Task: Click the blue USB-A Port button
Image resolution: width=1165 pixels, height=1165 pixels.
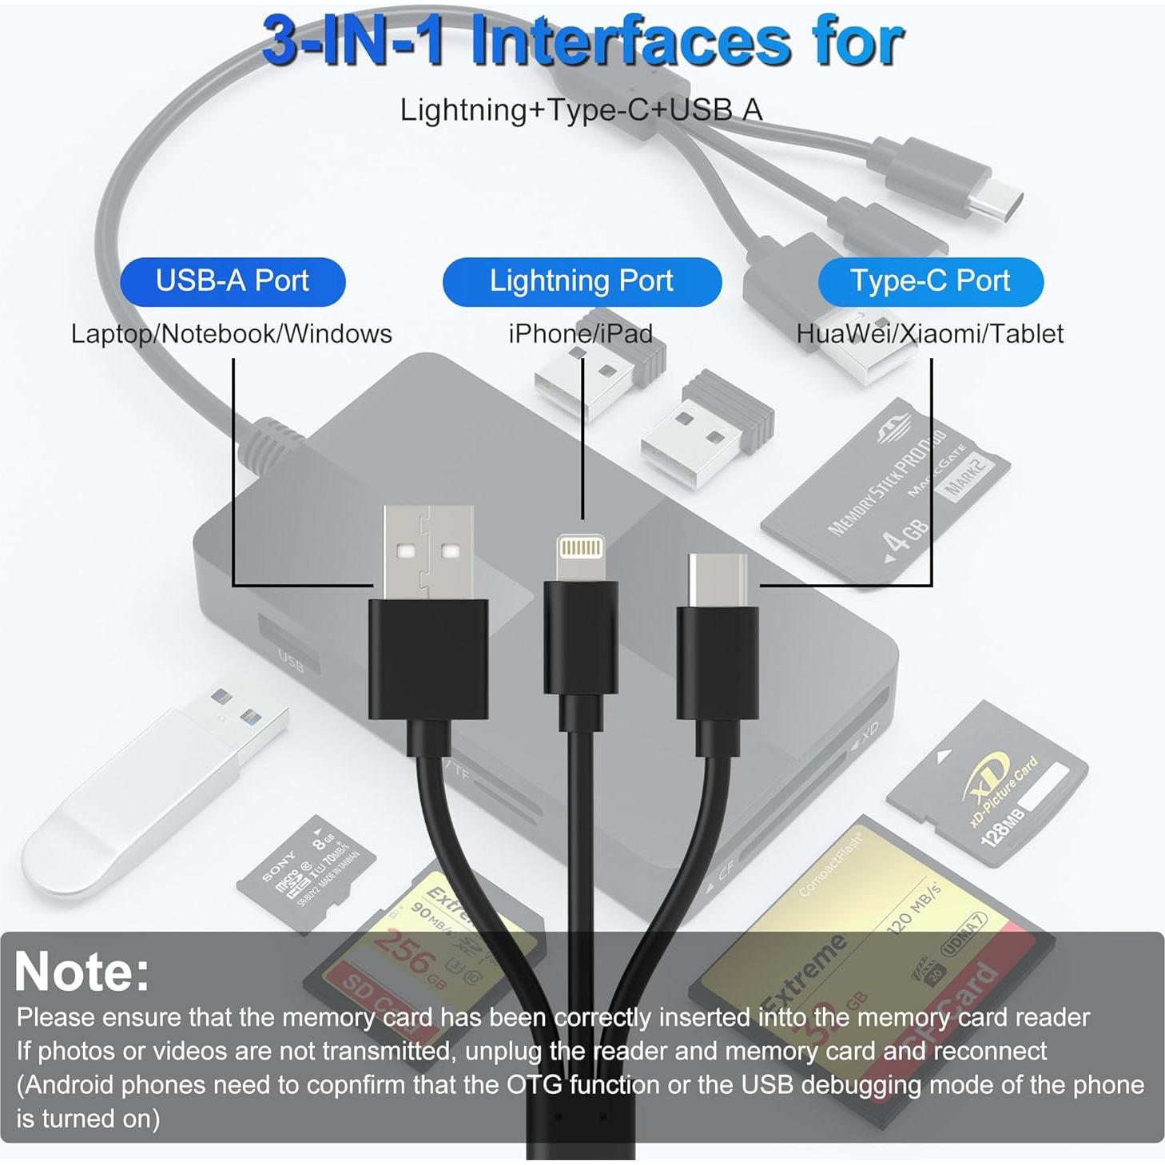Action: point(233,281)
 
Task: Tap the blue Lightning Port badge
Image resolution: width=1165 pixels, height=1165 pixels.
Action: point(582,281)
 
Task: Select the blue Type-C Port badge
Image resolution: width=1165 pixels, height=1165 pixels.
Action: point(930,281)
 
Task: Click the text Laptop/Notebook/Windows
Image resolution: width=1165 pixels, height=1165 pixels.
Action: point(232,334)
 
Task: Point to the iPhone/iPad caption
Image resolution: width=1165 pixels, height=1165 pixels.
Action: point(581,334)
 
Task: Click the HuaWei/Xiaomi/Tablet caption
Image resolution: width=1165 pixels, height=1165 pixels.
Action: point(929,334)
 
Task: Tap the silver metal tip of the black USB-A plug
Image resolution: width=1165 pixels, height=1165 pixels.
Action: point(427,551)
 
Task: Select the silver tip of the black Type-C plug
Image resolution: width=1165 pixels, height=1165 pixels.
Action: point(718,579)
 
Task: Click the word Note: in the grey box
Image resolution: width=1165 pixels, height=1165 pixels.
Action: point(82,971)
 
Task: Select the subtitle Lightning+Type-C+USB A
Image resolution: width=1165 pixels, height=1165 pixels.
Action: point(581,110)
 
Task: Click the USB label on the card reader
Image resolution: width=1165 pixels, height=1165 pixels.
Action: point(290,660)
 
